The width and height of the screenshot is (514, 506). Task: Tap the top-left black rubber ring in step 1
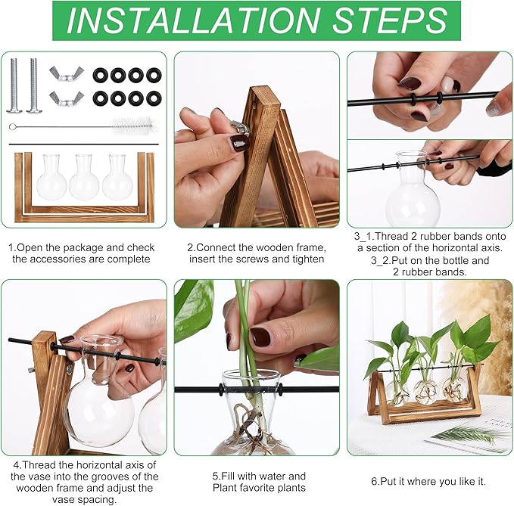click(100, 75)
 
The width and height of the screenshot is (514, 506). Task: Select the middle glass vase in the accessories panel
click(84, 178)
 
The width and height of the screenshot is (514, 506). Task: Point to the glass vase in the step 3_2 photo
click(413, 193)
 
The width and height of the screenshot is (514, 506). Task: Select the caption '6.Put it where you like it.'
click(428, 481)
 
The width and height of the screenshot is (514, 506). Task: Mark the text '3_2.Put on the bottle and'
click(428, 260)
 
